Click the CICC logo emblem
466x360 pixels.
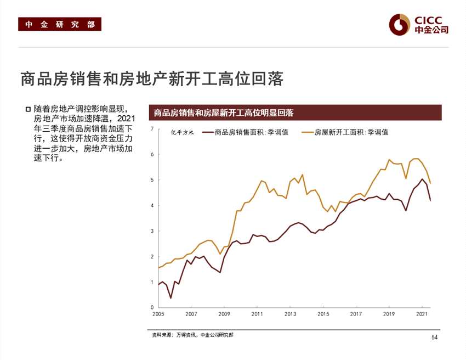point(400,24)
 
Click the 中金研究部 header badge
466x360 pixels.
point(60,24)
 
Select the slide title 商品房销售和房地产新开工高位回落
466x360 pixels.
point(151,79)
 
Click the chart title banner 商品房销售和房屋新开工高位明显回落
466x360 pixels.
point(224,113)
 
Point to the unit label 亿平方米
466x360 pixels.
point(183,132)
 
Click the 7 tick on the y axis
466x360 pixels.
point(152,129)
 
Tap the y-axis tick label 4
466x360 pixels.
point(152,205)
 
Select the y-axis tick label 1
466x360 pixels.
point(152,282)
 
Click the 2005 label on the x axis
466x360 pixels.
point(158,314)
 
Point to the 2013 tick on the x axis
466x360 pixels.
point(290,314)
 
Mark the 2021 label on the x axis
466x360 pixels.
point(422,314)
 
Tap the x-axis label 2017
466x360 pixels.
point(356,314)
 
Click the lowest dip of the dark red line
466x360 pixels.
point(171,298)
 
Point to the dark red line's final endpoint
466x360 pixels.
point(430,201)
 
